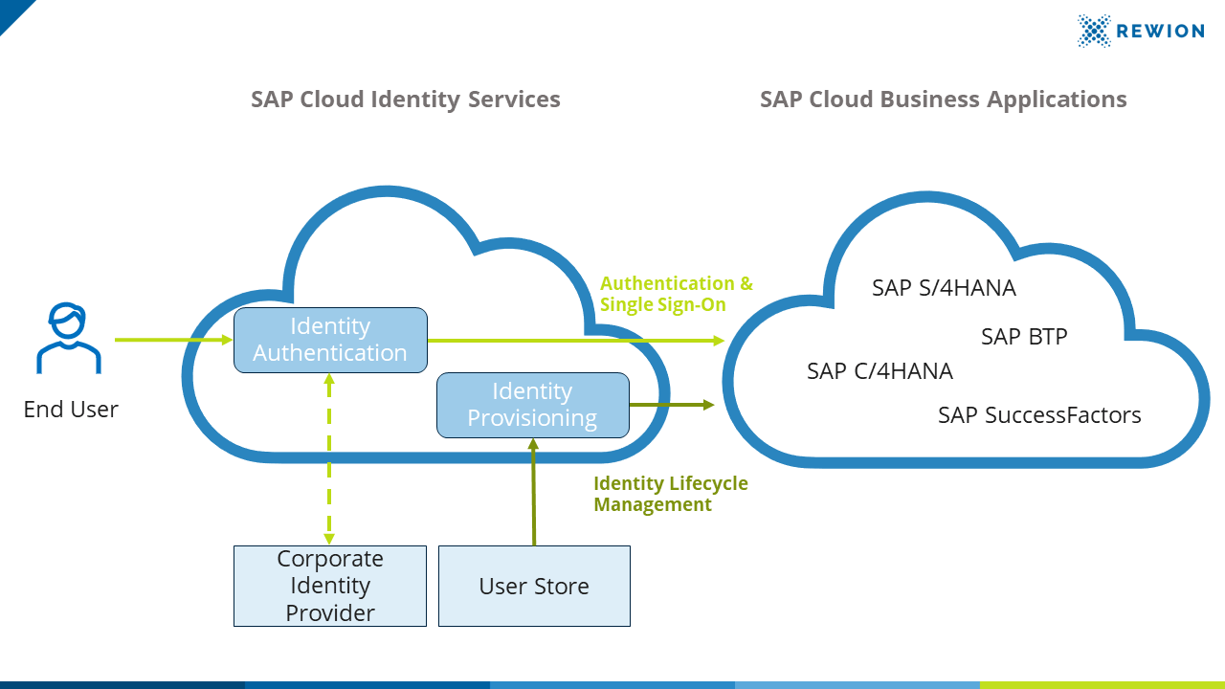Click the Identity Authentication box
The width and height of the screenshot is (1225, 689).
(330, 340)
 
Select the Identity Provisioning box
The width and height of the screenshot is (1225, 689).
(532, 405)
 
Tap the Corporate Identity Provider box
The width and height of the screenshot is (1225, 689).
(330, 586)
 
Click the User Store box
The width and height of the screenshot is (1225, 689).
(534, 586)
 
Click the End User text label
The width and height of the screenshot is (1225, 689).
(71, 410)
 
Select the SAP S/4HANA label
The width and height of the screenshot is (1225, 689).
(944, 288)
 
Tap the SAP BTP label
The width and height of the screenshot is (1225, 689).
(1024, 337)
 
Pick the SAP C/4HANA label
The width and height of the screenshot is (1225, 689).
(880, 371)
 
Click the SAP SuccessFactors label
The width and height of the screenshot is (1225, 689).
(1039, 415)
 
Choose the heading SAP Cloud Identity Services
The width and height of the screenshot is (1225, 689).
(405, 100)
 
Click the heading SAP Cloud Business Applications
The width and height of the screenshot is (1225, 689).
(943, 100)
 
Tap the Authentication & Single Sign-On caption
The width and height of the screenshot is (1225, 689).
(676, 294)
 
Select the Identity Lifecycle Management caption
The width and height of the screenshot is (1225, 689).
(670, 494)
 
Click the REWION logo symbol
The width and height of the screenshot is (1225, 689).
(1094, 31)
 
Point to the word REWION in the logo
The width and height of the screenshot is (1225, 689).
(1162, 31)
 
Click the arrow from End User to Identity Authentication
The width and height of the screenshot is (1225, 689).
(172, 340)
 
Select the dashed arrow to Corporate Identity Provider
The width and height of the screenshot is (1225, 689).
(329, 459)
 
